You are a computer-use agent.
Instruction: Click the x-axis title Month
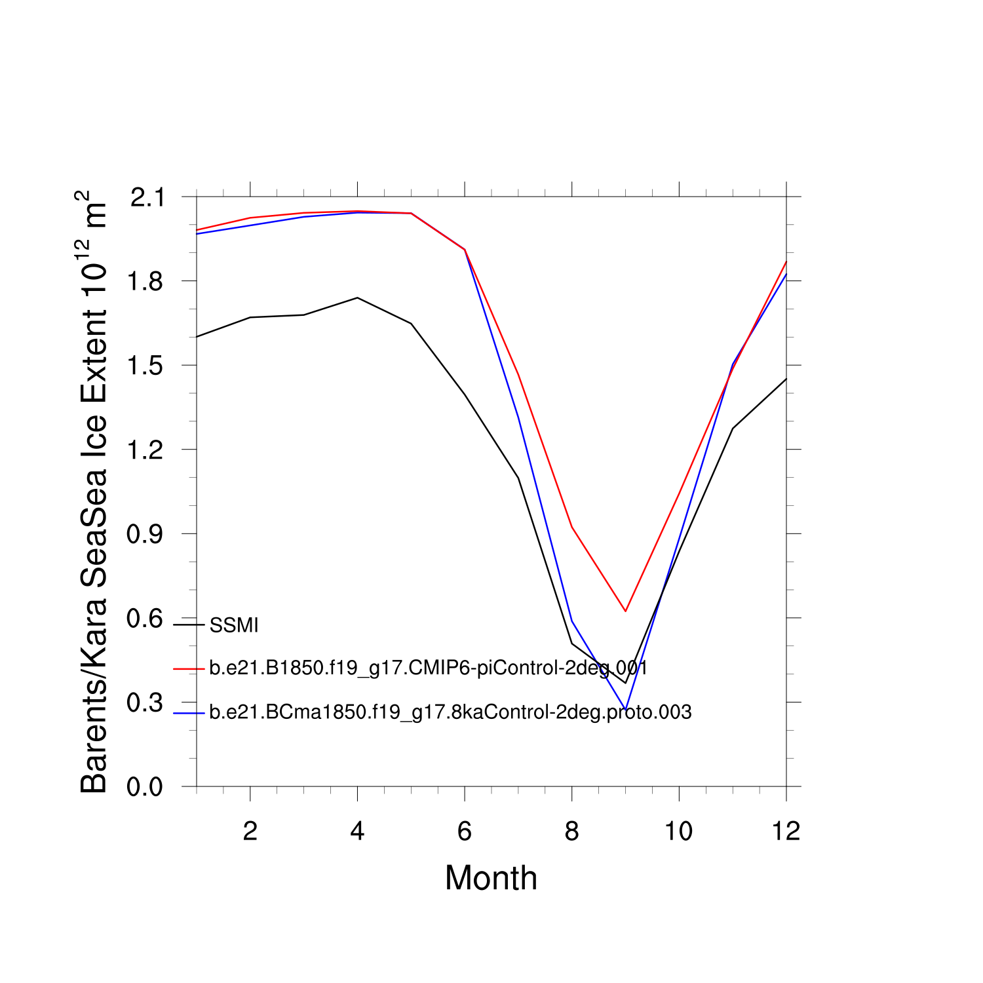tap(491, 878)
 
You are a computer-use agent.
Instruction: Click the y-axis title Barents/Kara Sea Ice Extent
tap(93, 491)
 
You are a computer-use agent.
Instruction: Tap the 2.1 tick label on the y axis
tap(147, 197)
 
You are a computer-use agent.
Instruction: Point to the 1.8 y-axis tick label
tap(145, 281)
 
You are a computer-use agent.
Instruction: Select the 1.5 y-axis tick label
tap(145, 366)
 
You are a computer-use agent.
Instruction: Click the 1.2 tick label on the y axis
tap(145, 450)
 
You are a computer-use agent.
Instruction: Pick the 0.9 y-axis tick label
tap(145, 534)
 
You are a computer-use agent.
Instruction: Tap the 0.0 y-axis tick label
tap(145, 787)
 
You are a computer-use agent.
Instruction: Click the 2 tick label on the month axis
tap(250, 832)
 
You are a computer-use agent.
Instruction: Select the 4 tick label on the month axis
tap(357, 832)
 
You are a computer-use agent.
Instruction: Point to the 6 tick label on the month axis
tap(465, 832)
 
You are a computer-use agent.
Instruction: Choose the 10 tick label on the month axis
tap(679, 832)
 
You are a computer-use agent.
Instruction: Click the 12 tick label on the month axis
tap(786, 832)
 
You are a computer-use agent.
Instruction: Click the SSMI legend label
tap(234, 625)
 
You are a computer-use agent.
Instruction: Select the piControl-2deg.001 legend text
tap(429, 668)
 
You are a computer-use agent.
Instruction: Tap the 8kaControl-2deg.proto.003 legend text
tap(450, 712)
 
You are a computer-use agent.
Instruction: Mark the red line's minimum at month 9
tap(626, 611)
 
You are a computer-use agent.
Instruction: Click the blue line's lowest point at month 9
tap(626, 710)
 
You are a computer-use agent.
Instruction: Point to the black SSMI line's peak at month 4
tap(357, 298)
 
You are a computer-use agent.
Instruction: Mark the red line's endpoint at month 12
tap(786, 261)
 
